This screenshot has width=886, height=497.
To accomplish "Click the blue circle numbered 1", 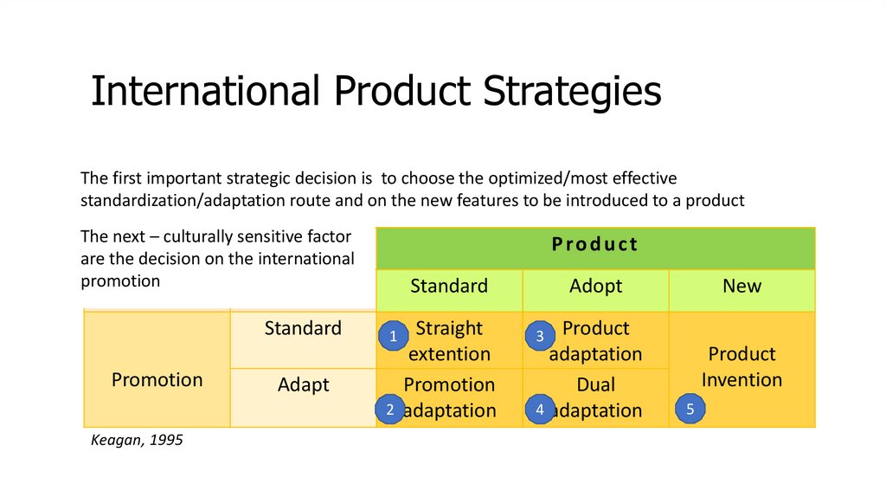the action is coord(394,336).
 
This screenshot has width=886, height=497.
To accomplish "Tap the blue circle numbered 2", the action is coord(390,409).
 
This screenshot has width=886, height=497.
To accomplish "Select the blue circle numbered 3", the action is coord(540,336).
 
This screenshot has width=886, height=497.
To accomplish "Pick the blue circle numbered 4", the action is coord(540,409).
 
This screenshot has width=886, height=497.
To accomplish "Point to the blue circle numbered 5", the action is coord(690,409).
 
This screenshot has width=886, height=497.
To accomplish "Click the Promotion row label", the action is coord(157,380).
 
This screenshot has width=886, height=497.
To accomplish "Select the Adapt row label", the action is coord(304,385).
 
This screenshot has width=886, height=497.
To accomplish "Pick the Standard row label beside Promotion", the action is coord(303,328).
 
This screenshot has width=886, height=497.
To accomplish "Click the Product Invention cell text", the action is coord(742,367).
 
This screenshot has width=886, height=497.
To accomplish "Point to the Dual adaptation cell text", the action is coord(595,397).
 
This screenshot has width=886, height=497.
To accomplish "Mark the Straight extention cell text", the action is coord(449,341).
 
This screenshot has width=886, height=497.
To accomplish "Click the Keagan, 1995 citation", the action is coord(137,440).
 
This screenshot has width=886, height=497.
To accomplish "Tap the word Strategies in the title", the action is coord(572,91).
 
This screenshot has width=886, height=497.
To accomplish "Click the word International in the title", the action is coord(205,90).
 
